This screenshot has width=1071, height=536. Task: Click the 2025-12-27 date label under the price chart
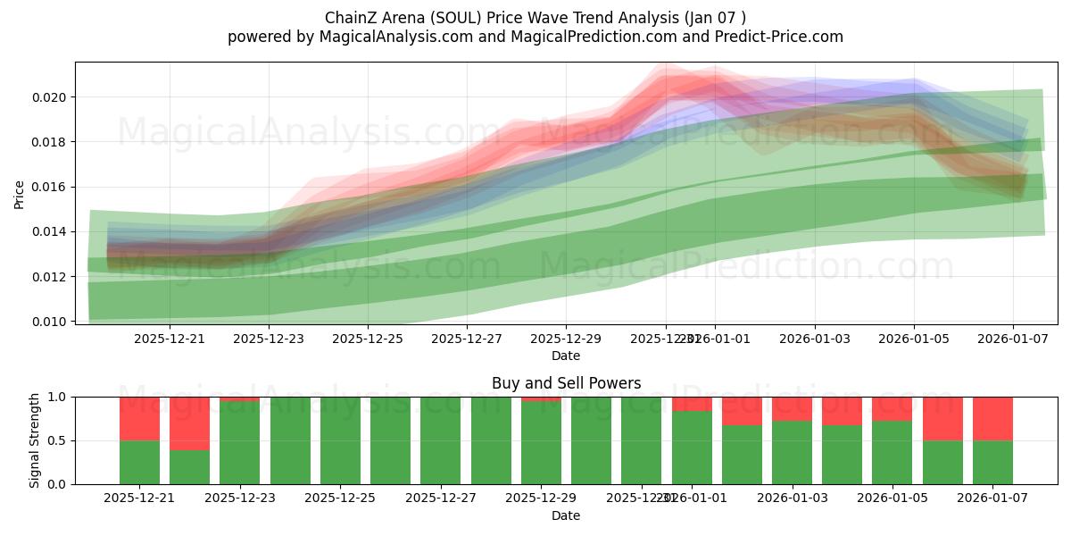(467, 339)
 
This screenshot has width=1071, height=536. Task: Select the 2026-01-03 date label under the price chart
(814, 339)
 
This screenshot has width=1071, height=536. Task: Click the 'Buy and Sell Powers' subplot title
(566, 383)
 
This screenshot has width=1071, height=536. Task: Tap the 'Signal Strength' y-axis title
(35, 440)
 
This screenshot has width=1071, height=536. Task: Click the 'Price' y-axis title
(20, 194)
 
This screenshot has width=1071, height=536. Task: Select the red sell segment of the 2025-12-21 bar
(139, 418)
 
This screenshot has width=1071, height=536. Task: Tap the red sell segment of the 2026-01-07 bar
(992, 418)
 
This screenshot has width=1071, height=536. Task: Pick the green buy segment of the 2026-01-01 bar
(692, 447)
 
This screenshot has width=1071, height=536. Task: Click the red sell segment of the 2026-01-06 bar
(942, 418)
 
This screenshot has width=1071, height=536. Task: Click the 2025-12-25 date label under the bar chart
(340, 498)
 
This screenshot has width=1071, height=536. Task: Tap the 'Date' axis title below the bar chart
(566, 515)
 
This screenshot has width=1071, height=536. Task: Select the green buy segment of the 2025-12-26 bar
(390, 440)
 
